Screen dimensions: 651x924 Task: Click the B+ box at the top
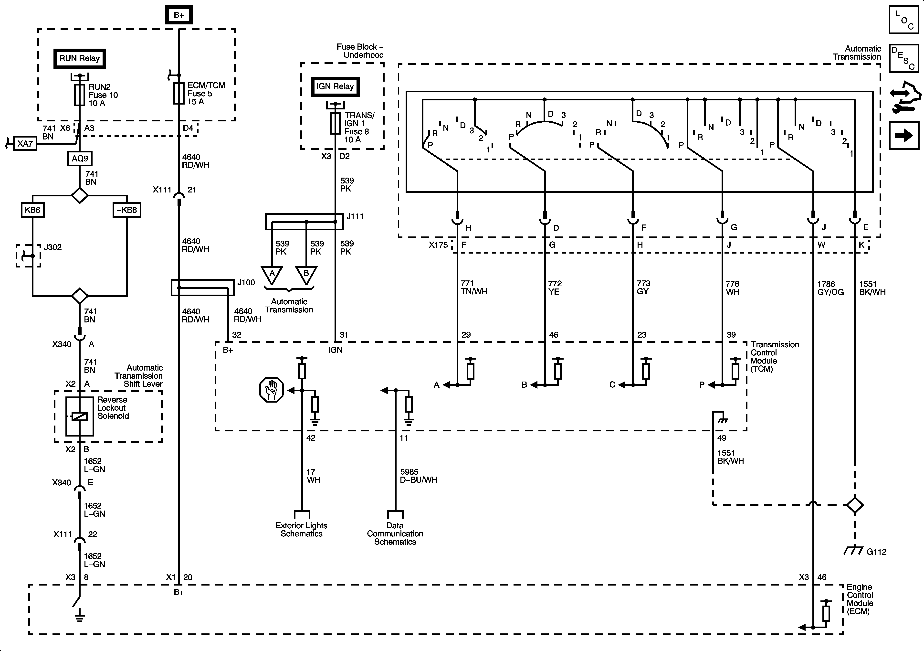(x=179, y=15)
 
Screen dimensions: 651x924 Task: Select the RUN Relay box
(x=79, y=58)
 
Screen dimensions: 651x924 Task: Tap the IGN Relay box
(x=335, y=86)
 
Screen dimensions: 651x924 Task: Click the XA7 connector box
(x=25, y=143)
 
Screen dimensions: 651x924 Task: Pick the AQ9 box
(x=80, y=158)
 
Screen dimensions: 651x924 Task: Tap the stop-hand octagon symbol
(x=272, y=389)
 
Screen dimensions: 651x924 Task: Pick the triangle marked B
(x=306, y=274)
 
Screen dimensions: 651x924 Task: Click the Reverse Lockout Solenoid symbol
(x=80, y=416)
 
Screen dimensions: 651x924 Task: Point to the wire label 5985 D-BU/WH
(x=419, y=475)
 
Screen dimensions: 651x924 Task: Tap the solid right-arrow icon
(x=903, y=135)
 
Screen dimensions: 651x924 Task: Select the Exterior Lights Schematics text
(x=301, y=529)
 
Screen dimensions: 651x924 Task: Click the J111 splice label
(x=355, y=217)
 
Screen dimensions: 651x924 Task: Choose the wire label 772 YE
(x=555, y=288)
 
